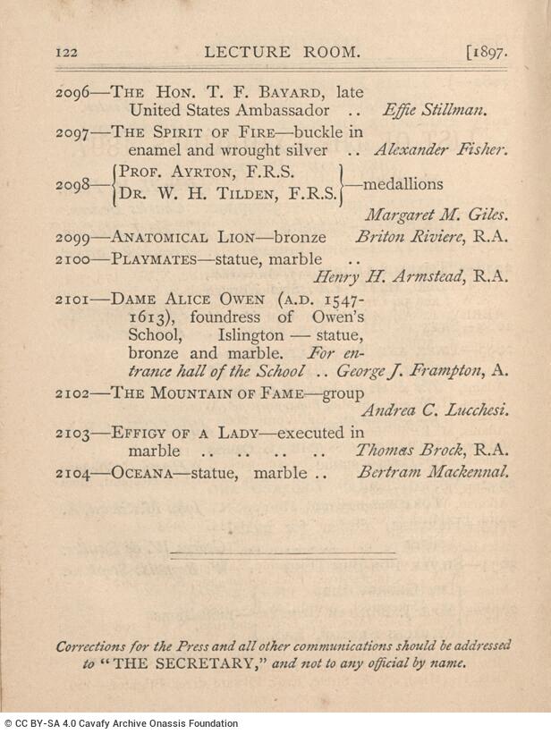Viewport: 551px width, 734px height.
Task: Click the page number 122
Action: [x=68, y=53]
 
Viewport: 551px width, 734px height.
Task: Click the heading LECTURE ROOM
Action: [x=284, y=52]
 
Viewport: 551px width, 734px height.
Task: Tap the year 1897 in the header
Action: [x=488, y=52]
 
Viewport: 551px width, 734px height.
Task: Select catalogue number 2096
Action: [x=72, y=91]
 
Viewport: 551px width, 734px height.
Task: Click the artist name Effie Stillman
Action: [x=433, y=112]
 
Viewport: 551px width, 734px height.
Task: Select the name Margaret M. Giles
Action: [x=438, y=215]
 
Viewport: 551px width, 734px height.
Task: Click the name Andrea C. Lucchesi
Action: [x=435, y=410]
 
